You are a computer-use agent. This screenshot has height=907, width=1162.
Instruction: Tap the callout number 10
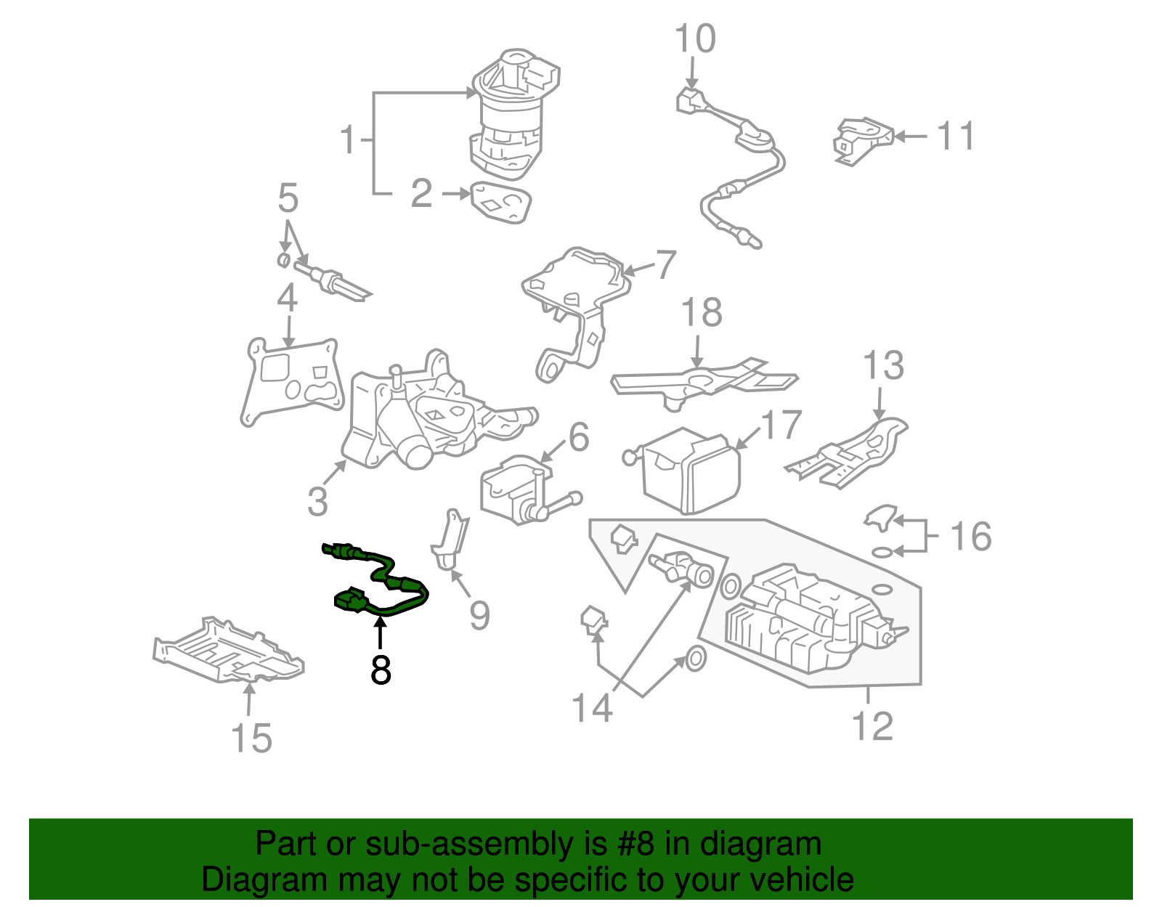coord(694,39)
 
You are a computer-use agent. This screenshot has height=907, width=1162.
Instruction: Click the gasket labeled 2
coord(500,202)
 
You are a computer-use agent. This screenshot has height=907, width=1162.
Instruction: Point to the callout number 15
coord(251,738)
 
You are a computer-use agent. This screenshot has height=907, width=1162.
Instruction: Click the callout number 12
coord(871,726)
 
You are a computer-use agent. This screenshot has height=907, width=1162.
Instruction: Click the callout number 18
coord(702,313)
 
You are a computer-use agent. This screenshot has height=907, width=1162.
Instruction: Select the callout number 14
coord(592,707)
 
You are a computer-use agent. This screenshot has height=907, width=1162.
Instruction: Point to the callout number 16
coord(970,537)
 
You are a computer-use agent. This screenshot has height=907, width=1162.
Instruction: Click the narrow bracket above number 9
coord(450,541)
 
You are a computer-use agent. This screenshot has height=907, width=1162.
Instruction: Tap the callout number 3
coord(317,501)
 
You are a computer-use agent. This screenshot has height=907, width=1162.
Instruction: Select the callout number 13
coord(883,366)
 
